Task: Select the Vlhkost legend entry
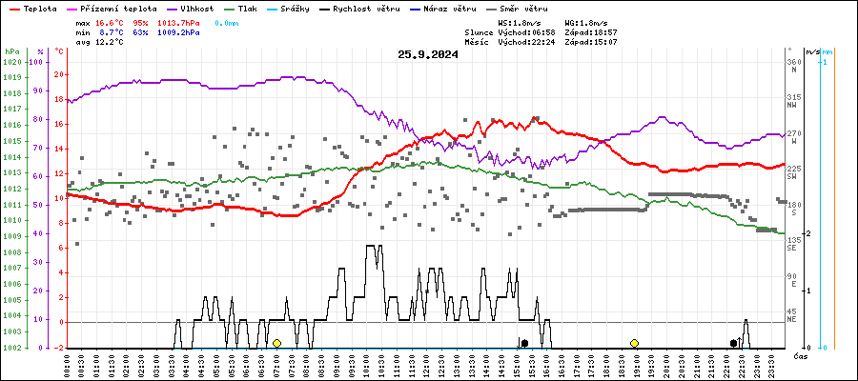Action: (x=194, y=8)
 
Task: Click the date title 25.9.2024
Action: (x=428, y=54)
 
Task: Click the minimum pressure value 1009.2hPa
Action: (x=179, y=31)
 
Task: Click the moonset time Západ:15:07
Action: (x=591, y=42)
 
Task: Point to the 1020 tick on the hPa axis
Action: (x=12, y=62)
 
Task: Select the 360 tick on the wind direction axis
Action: (x=793, y=62)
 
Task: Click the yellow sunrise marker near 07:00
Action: (x=276, y=343)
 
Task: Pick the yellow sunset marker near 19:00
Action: (x=634, y=343)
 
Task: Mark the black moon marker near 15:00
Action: (x=523, y=343)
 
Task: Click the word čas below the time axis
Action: (x=801, y=355)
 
